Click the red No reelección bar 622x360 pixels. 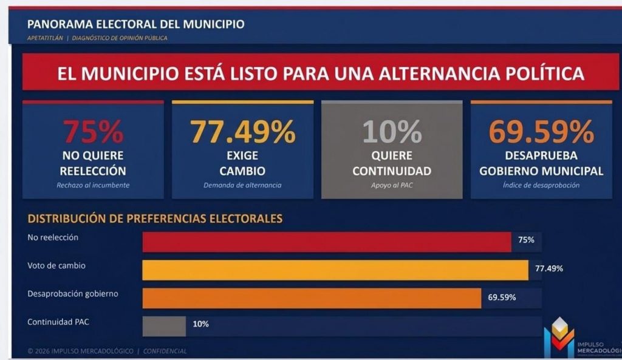[x=327, y=242]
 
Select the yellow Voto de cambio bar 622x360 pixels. [x=335, y=270]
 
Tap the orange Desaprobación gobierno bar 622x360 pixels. [x=312, y=298]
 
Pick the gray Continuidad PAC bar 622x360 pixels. [x=164, y=326]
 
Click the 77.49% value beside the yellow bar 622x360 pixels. [x=549, y=268]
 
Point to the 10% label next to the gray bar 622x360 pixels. [x=200, y=324]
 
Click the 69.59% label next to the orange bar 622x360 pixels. [x=502, y=297]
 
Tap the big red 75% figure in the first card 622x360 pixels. [x=93, y=132]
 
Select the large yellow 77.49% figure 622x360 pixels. [x=242, y=132]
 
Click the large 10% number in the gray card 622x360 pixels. [x=392, y=132]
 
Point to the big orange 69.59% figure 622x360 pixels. [x=541, y=132]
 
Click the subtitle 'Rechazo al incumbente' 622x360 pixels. [x=93, y=185]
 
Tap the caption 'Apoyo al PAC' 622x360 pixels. [x=392, y=185]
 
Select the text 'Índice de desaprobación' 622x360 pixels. [x=541, y=185]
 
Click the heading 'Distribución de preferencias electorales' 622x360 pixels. [x=155, y=219]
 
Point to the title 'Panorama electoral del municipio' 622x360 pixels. [x=135, y=24]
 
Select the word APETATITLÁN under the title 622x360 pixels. [x=46, y=38]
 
